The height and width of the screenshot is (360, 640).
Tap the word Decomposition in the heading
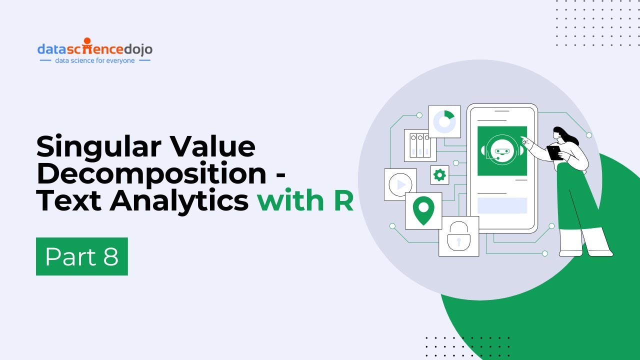151,174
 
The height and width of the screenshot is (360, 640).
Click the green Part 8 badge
82,256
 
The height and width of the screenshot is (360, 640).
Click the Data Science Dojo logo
95,49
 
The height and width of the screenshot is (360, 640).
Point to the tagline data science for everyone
95,61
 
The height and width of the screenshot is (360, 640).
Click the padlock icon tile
458,236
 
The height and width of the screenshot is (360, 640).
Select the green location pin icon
423,210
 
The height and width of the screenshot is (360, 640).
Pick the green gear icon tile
439,175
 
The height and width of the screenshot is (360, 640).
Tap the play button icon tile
400,184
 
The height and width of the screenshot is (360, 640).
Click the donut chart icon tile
444,121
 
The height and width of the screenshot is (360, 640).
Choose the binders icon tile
420,145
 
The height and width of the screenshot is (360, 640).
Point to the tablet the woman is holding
553,152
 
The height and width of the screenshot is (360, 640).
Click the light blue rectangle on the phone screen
502,205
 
